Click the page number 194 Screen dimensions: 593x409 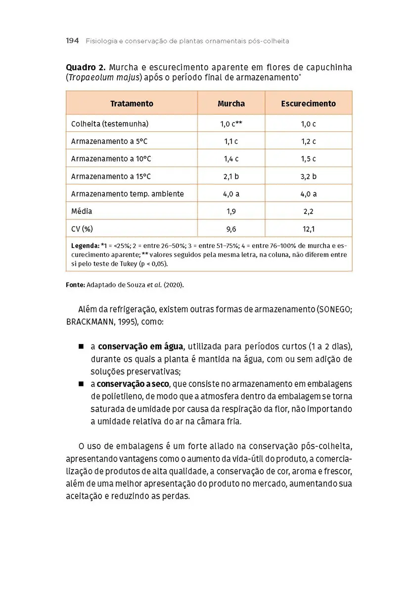[72, 41]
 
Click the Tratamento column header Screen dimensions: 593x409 [132, 104]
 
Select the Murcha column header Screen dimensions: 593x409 [231, 104]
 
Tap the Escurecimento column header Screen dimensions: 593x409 [308, 104]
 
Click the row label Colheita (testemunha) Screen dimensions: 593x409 [109, 124]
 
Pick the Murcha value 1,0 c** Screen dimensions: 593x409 [231, 124]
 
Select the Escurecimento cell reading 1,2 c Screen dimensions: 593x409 [308, 141]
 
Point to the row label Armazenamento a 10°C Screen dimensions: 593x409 [111, 159]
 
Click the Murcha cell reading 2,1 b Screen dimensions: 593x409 [231, 176]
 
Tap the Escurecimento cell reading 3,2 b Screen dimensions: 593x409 [308, 176]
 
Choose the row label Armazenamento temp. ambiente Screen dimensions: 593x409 [127, 194]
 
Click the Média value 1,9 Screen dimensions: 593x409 [231, 212]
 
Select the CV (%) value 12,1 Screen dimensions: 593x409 [308, 229]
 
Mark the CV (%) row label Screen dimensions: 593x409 [82, 229]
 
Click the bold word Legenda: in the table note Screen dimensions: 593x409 [85, 246]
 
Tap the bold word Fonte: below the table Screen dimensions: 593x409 [75, 285]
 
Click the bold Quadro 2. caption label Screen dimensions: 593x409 [86, 68]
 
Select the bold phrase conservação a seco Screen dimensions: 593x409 [133, 384]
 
